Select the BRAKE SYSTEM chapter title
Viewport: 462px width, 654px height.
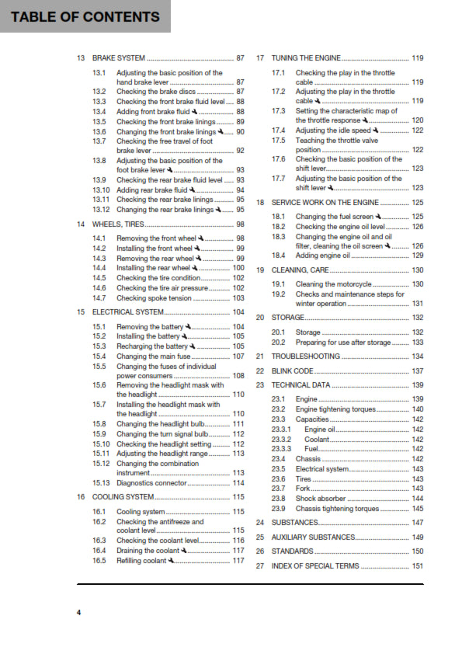(119, 58)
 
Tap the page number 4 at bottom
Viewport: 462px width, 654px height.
(78, 613)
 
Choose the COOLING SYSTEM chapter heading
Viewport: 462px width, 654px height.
(123, 497)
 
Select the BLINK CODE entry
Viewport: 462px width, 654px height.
(293, 371)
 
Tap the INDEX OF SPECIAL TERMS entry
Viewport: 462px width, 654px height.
(315, 566)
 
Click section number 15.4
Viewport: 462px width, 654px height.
(99, 357)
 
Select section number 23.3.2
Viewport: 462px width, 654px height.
(281, 440)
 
